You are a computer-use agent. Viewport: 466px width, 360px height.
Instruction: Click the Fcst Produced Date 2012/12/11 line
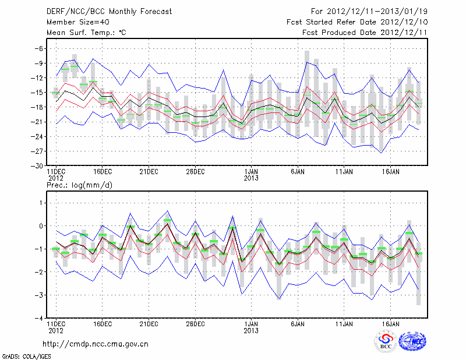(365, 33)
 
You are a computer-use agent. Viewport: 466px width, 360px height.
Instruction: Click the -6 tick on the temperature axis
(38, 48)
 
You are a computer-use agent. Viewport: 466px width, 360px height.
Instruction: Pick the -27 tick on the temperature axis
(36, 151)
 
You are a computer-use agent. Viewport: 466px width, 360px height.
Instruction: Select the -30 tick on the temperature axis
(36, 165)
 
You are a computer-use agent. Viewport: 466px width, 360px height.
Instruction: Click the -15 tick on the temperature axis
(36, 93)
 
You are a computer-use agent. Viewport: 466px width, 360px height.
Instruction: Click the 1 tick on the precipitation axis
(40, 203)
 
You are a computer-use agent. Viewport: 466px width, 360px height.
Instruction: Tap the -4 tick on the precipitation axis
(38, 319)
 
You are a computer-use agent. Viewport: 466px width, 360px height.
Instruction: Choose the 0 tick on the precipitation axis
(40, 226)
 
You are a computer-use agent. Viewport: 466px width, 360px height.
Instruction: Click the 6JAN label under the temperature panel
(298, 172)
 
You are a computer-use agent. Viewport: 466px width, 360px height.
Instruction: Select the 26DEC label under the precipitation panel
(195, 323)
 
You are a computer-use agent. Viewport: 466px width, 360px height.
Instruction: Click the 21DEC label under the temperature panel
(149, 172)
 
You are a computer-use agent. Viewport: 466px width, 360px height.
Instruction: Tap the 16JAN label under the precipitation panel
(391, 323)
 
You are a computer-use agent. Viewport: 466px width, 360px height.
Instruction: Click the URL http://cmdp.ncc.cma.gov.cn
(96, 344)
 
